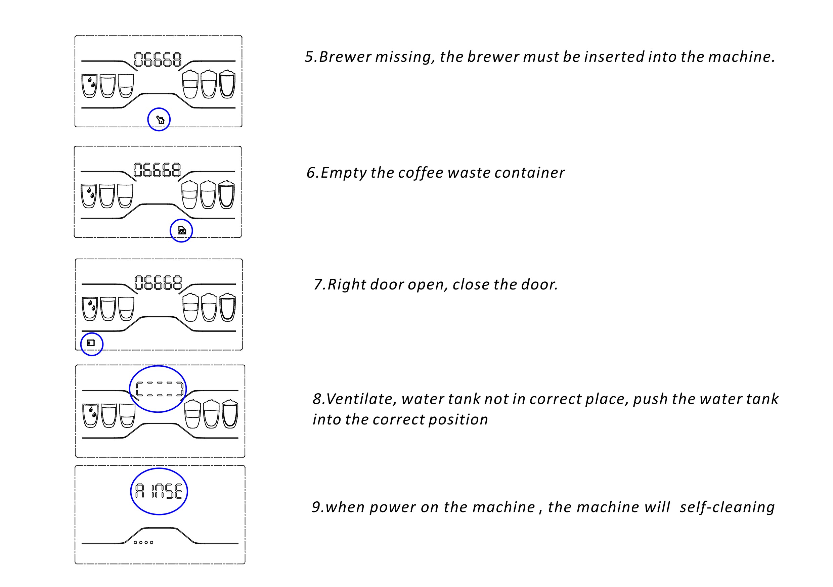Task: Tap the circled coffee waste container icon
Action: click(x=182, y=230)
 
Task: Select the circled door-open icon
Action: click(x=91, y=343)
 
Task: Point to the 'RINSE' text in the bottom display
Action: click(x=159, y=491)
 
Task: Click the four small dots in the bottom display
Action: click(x=144, y=542)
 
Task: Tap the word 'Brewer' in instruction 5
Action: click(x=345, y=57)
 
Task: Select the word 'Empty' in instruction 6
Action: click(x=344, y=173)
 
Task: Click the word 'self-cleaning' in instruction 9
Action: click(x=727, y=507)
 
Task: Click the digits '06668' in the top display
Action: click(x=158, y=59)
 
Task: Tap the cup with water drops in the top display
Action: click(x=89, y=86)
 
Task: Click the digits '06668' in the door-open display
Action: click(x=158, y=283)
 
